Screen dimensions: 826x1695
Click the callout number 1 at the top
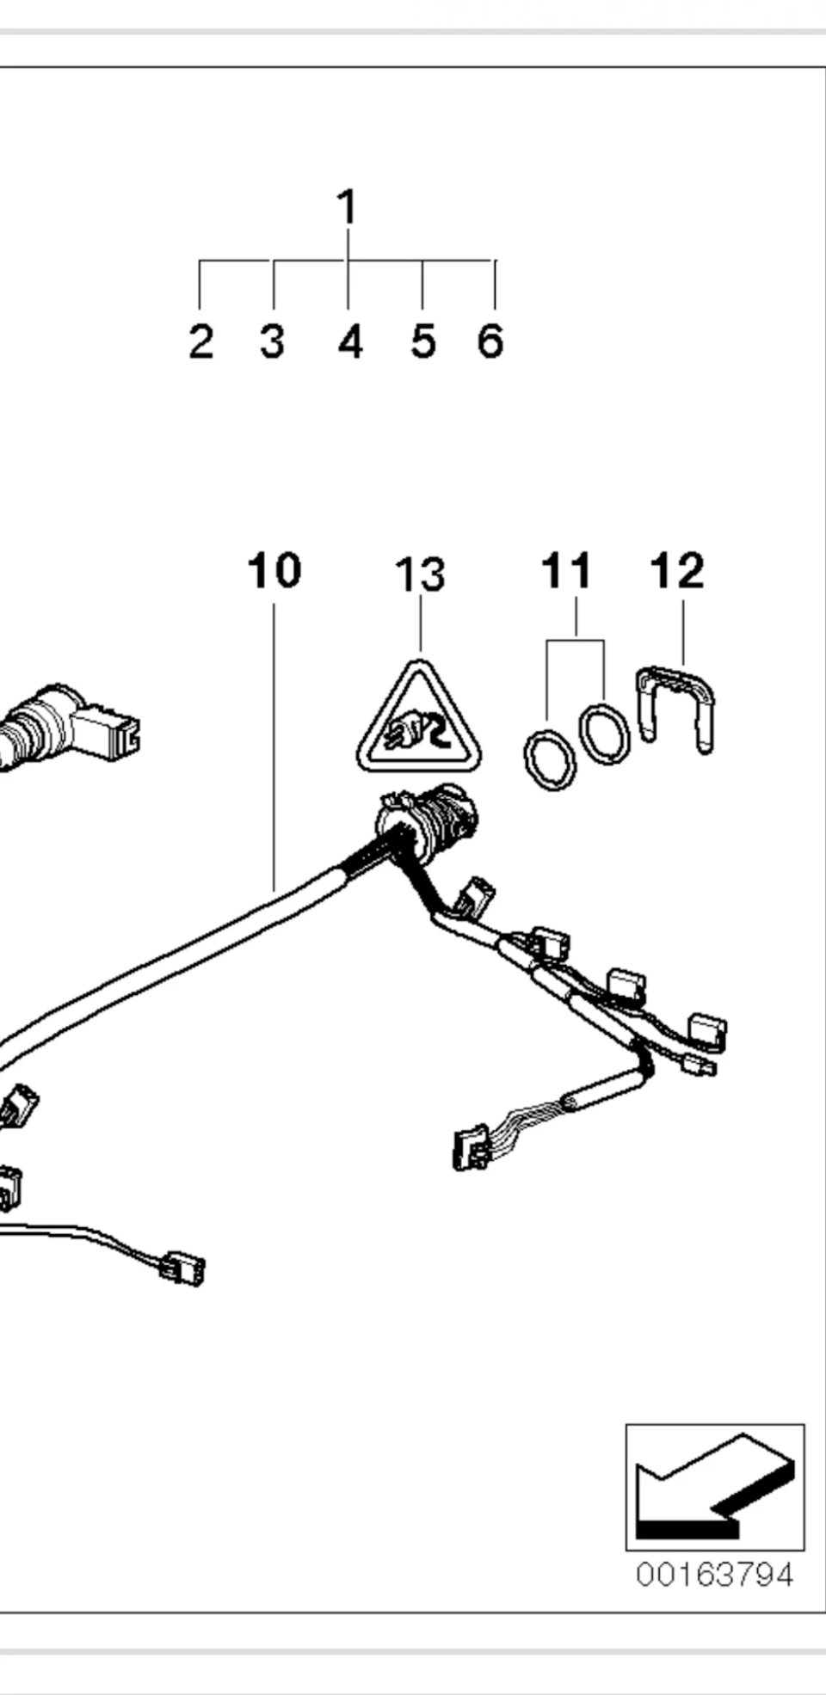(346, 207)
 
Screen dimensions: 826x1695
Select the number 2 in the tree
(200, 341)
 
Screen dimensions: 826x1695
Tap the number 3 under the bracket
(272, 341)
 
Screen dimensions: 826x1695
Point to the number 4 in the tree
(349, 341)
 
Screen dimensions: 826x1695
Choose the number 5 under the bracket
(422, 341)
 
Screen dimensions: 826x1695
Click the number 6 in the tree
(490, 341)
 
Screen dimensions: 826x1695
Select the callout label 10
(274, 571)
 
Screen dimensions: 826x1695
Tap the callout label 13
(420, 575)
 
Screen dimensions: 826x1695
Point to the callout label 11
(566, 571)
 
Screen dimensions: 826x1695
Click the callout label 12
(677, 571)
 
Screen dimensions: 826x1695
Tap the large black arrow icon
(714, 1488)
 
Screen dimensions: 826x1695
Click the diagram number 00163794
(714, 1575)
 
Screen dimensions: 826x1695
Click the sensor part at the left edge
(69, 727)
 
